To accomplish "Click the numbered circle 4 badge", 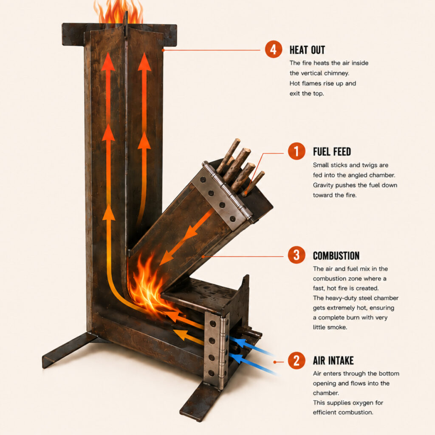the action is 273,49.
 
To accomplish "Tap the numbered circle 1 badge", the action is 296,152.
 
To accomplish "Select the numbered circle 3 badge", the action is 296,255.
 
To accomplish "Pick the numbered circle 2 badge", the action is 296,360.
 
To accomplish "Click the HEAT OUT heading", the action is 307,50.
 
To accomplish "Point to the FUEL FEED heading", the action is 332,152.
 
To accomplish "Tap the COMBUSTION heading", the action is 336,255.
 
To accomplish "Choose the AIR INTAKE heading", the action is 333,361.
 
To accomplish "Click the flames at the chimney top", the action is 119,11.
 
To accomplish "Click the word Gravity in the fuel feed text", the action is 323,185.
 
